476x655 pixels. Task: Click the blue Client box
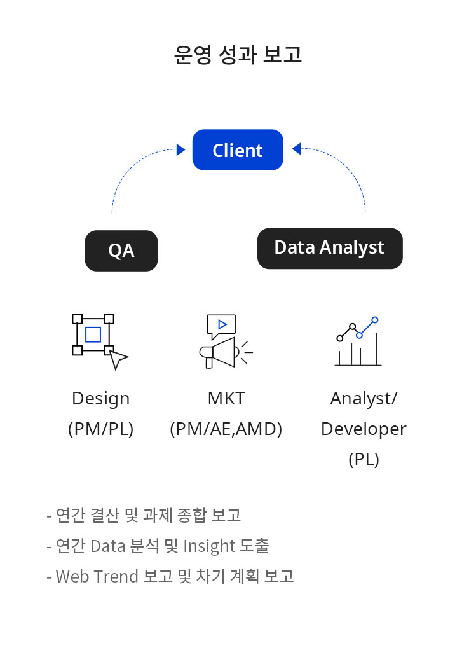[x=238, y=150]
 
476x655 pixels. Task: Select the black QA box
[x=121, y=251]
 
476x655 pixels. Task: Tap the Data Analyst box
[x=330, y=249]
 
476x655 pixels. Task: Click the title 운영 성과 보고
[x=238, y=55]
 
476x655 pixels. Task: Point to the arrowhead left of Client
[x=180, y=149]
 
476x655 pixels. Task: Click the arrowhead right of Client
[x=296, y=149]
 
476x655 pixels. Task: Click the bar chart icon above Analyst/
[x=358, y=341]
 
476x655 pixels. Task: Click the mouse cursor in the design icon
[x=118, y=359]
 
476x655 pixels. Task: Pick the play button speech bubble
[x=221, y=326]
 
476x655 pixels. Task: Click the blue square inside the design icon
[x=93, y=334]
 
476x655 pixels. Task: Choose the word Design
[x=100, y=399]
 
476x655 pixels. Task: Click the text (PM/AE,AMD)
[x=226, y=429]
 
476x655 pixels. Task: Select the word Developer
[x=364, y=429]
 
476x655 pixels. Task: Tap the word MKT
[x=226, y=399]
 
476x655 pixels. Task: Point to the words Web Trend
[x=97, y=577]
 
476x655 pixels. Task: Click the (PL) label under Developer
[x=364, y=460]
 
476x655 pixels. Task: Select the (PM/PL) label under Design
[x=100, y=429]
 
